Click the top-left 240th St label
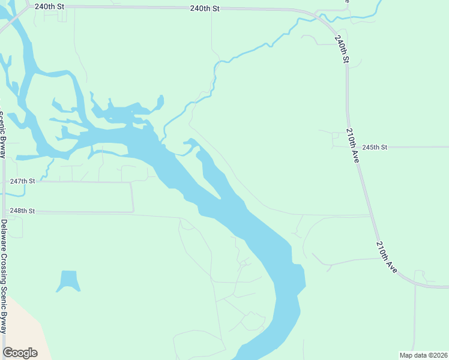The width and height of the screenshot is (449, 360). tap(49, 6)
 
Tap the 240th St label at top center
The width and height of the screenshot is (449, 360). tap(205, 8)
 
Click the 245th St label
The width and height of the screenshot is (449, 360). tap(375, 147)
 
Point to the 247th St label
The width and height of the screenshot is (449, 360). tap(23, 181)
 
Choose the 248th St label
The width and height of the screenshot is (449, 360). tap(23, 211)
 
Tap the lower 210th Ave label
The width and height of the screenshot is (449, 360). tap(387, 257)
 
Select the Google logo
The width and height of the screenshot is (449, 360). tap(20, 353)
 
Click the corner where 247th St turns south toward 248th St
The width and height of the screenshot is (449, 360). tap(132, 182)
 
